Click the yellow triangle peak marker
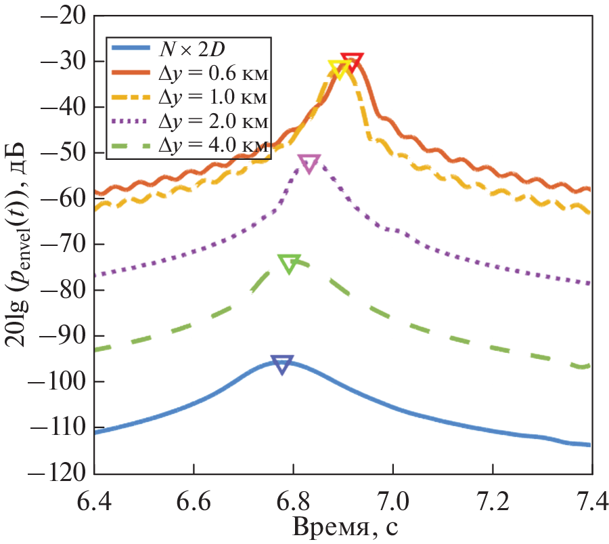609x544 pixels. click(339, 68)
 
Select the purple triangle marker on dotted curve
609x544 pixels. click(309, 163)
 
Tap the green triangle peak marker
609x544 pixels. click(289, 264)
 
